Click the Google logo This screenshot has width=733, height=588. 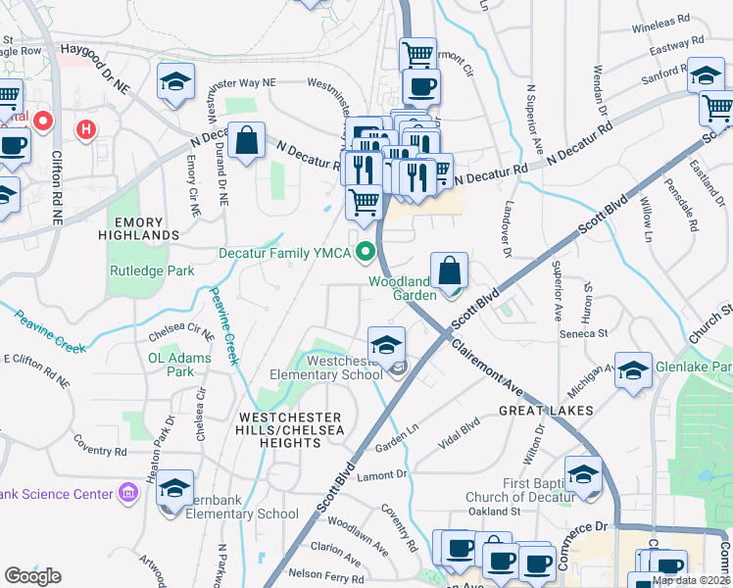click(x=32, y=576)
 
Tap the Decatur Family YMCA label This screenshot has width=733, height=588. click(x=285, y=254)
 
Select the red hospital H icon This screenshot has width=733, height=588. click(x=87, y=128)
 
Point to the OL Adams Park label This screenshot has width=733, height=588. click(x=179, y=365)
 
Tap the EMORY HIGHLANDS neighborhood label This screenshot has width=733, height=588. click(x=132, y=229)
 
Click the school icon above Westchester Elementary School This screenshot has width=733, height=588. click(x=387, y=344)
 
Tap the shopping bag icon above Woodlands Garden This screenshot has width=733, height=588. click(x=449, y=269)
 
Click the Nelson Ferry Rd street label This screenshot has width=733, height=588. click(x=321, y=573)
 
